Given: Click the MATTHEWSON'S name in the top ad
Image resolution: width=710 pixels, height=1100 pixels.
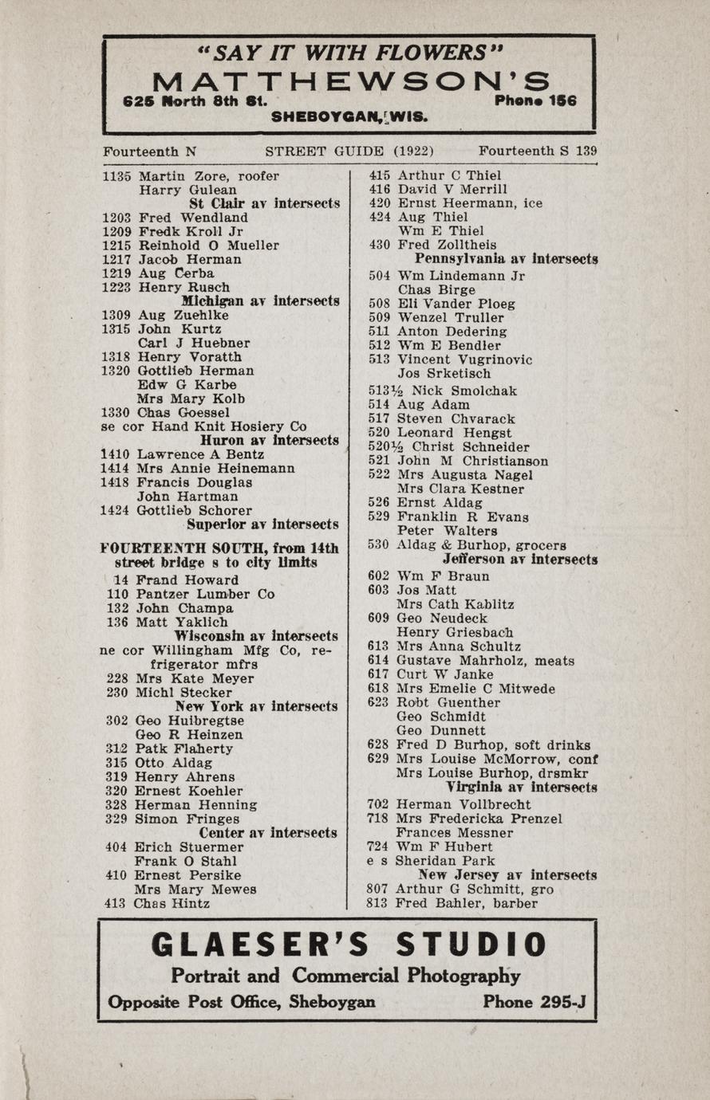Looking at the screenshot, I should pos(351,81).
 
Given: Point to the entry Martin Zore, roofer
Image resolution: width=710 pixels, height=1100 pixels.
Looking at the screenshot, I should pos(208,176).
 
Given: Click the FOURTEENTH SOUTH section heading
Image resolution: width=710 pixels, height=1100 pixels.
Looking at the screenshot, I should pos(219,548).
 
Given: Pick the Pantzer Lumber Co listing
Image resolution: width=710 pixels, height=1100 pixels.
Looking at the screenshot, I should pos(205,594).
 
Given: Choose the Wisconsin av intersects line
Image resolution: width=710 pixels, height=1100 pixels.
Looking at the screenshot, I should pos(255,636).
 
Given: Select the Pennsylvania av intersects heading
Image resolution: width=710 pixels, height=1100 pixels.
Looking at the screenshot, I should pos(506,259).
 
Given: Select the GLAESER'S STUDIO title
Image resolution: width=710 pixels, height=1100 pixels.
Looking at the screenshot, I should pos(349,945).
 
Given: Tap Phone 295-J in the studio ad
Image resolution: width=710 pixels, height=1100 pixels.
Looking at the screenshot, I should pos(534,1002).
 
